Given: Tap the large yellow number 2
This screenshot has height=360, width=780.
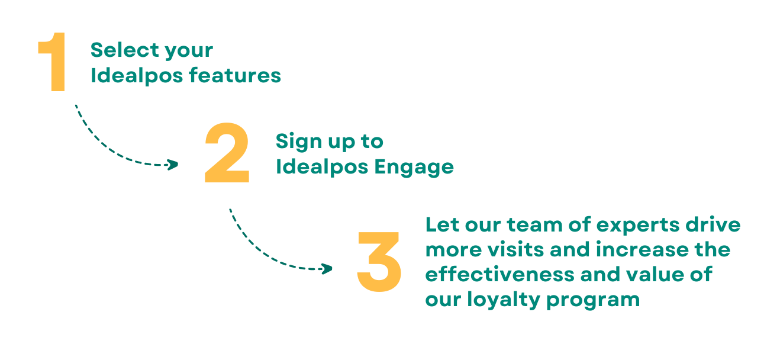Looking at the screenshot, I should [x=227, y=153].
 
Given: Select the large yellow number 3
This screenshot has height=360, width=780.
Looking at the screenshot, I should [x=379, y=261].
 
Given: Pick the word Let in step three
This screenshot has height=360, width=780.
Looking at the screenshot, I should [x=440, y=225].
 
